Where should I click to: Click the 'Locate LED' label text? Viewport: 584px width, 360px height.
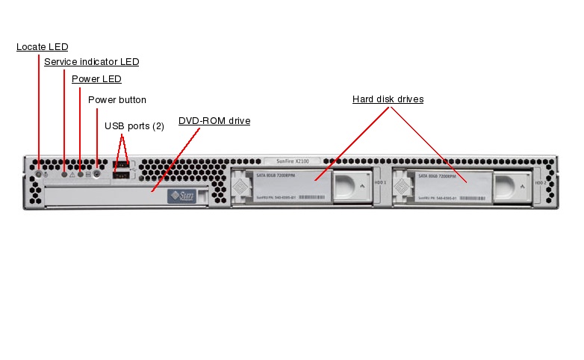pos(42,47)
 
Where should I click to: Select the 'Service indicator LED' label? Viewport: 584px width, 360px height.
pos(91,62)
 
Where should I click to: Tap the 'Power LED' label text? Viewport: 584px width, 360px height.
pos(96,78)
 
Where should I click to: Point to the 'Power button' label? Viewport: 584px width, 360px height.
pos(117,100)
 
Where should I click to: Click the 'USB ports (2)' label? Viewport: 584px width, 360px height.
pos(134,126)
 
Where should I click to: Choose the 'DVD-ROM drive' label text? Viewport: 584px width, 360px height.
pos(214,120)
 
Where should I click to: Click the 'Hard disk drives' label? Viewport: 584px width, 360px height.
pos(388,99)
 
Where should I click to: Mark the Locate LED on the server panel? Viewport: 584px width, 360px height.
pos(39,174)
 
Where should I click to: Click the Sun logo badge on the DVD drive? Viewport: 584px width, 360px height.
pos(182,196)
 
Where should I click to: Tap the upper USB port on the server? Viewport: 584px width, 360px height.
pos(122,165)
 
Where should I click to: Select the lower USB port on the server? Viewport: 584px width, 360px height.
pos(122,175)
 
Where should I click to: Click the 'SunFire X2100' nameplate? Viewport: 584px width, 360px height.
pos(291,161)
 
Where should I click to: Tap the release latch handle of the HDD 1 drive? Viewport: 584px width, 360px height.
pos(354,187)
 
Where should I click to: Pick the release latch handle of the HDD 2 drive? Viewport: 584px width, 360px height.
pos(514,187)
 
